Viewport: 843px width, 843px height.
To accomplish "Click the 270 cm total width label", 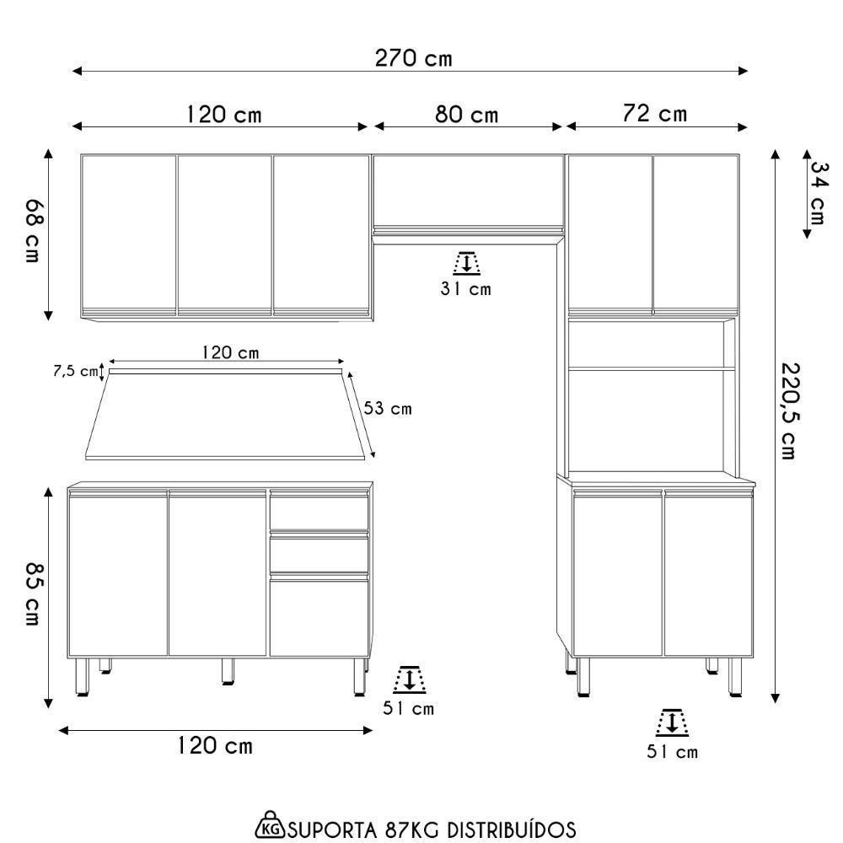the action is (x=413, y=58).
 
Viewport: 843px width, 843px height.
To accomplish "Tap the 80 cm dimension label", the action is (x=467, y=114).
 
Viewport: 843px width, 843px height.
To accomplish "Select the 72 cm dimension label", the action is (x=655, y=114).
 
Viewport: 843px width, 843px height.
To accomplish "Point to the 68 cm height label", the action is (x=33, y=231).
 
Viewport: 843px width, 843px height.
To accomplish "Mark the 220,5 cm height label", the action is (x=789, y=411).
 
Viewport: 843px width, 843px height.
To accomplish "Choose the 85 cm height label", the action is (x=33, y=594).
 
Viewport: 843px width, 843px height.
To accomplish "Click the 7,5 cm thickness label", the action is (x=75, y=371).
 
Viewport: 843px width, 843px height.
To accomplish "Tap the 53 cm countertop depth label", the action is (x=388, y=409).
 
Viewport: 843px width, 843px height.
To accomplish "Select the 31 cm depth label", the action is (x=465, y=289).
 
